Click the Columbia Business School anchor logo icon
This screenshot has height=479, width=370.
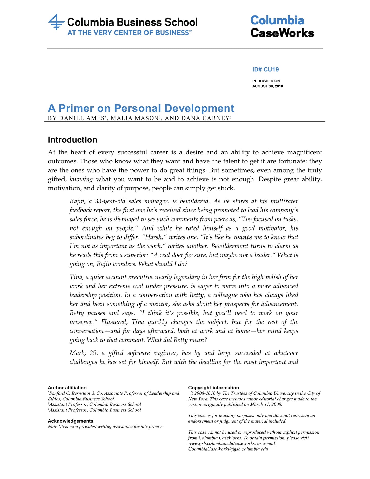(x=56, y=22)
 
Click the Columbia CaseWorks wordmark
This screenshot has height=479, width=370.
(x=282, y=27)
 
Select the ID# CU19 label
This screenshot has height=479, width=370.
(x=265, y=69)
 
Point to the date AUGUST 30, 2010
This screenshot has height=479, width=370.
(x=268, y=86)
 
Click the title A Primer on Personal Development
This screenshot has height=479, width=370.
(x=141, y=108)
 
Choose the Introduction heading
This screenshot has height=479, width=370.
(x=72, y=140)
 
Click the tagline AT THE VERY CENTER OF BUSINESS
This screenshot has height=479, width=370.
(x=128, y=33)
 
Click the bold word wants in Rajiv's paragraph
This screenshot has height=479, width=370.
(x=243, y=237)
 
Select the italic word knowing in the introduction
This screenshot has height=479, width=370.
(x=81, y=179)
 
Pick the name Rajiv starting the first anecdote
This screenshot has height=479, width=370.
(x=77, y=201)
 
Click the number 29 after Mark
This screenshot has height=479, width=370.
(x=93, y=353)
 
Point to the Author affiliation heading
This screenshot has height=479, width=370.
(x=67, y=388)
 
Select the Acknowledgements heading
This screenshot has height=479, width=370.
(x=70, y=421)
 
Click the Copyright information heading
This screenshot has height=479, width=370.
(x=214, y=388)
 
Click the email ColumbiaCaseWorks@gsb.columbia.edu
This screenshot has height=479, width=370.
(x=228, y=449)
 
